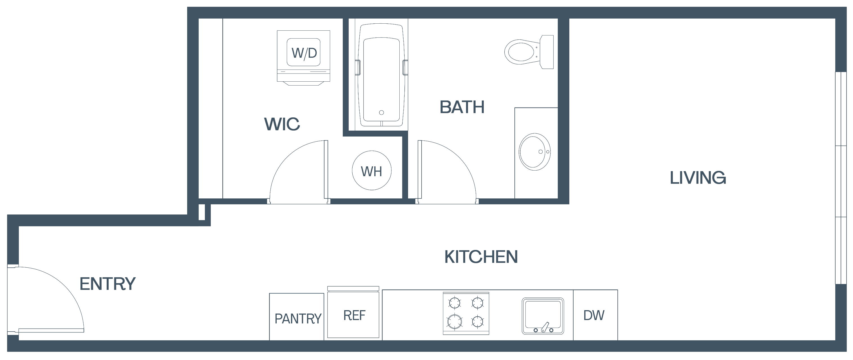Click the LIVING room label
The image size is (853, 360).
click(x=698, y=178)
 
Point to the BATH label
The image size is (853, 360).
click(x=462, y=107)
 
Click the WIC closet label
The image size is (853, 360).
click(x=282, y=124)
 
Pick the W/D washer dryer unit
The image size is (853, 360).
click(x=303, y=58)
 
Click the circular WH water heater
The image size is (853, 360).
click(x=371, y=171)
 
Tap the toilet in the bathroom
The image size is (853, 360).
click(x=529, y=52)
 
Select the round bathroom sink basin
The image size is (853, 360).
click(x=534, y=152)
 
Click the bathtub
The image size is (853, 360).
click(x=381, y=75)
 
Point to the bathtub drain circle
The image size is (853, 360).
click(x=381, y=113)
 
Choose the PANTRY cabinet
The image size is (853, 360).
click(x=297, y=317)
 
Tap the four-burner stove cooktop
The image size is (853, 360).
click(x=466, y=313)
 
